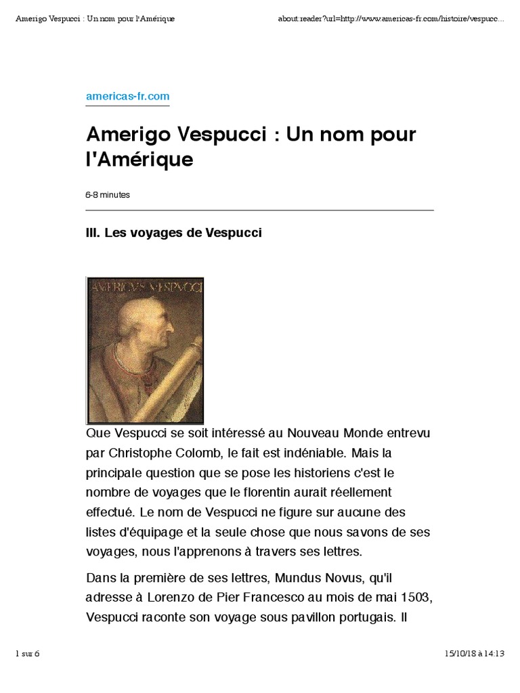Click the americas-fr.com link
(127, 97)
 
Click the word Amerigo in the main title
(127, 135)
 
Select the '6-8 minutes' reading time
(108, 195)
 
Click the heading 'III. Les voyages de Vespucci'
(173, 233)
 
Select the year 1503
(414, 598)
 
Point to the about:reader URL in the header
(391, 18)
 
